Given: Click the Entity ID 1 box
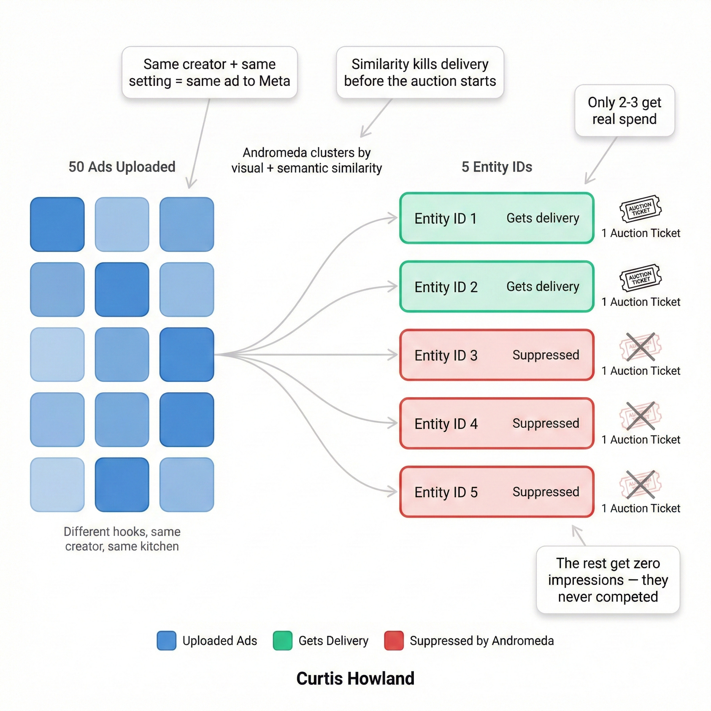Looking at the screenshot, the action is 497,218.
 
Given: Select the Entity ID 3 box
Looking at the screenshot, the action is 497,355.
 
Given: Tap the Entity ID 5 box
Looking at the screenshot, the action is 497,492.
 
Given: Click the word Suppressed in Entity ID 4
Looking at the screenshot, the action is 546,423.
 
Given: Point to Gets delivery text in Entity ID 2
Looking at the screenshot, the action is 543,286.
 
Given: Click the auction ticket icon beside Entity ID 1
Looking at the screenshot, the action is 640,209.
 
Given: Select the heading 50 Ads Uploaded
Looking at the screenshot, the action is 122,167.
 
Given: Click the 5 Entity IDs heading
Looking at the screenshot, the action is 497,167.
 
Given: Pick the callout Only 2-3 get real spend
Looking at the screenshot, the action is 625,110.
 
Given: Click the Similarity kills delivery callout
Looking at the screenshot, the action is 420,72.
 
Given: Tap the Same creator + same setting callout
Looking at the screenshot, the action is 209,72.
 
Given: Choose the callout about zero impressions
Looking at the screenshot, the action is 608,580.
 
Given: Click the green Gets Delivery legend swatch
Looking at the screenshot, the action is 283,641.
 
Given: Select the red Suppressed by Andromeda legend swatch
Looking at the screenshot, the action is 394,641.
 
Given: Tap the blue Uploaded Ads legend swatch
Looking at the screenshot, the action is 166,641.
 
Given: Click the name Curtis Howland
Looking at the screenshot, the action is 355,678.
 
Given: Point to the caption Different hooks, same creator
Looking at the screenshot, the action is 122,539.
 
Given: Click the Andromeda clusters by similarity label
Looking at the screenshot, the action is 307,160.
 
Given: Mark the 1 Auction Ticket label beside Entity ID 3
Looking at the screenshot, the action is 641,370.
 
